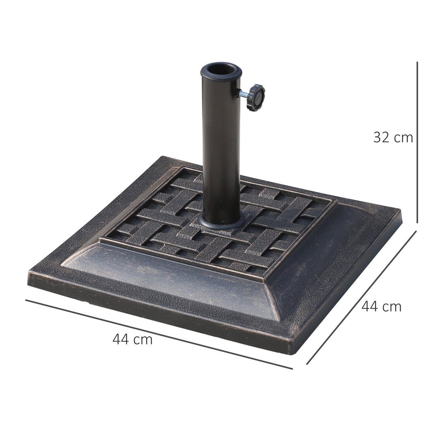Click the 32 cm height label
[393, 137]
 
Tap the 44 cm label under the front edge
[133, 339]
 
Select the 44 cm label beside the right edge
[381, 307]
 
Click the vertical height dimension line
[417, 142]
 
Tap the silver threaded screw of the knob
[244, 94]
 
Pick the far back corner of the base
[164, 157]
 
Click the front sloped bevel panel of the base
[170, 280]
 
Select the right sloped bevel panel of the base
[324, 260]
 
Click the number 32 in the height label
[382, 137]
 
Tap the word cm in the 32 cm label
[403, 138]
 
